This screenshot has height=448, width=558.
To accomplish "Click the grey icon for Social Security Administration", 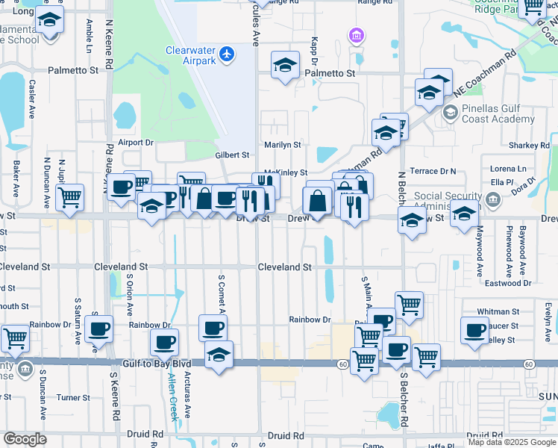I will click(x=492, y=199).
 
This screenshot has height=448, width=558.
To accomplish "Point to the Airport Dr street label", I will click(x=135, y=142).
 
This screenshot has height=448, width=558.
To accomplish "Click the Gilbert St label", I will click(x=232, y=155).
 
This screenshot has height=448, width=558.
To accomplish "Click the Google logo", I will click(x=25, y=439).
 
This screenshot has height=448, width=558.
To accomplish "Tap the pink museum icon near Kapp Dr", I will click(x=356, y=35).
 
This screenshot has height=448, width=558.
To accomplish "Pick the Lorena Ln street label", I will click(x=508, y=169).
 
